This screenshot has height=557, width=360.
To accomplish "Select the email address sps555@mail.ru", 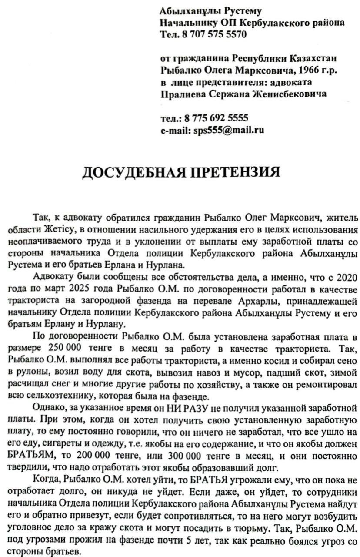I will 228,130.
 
